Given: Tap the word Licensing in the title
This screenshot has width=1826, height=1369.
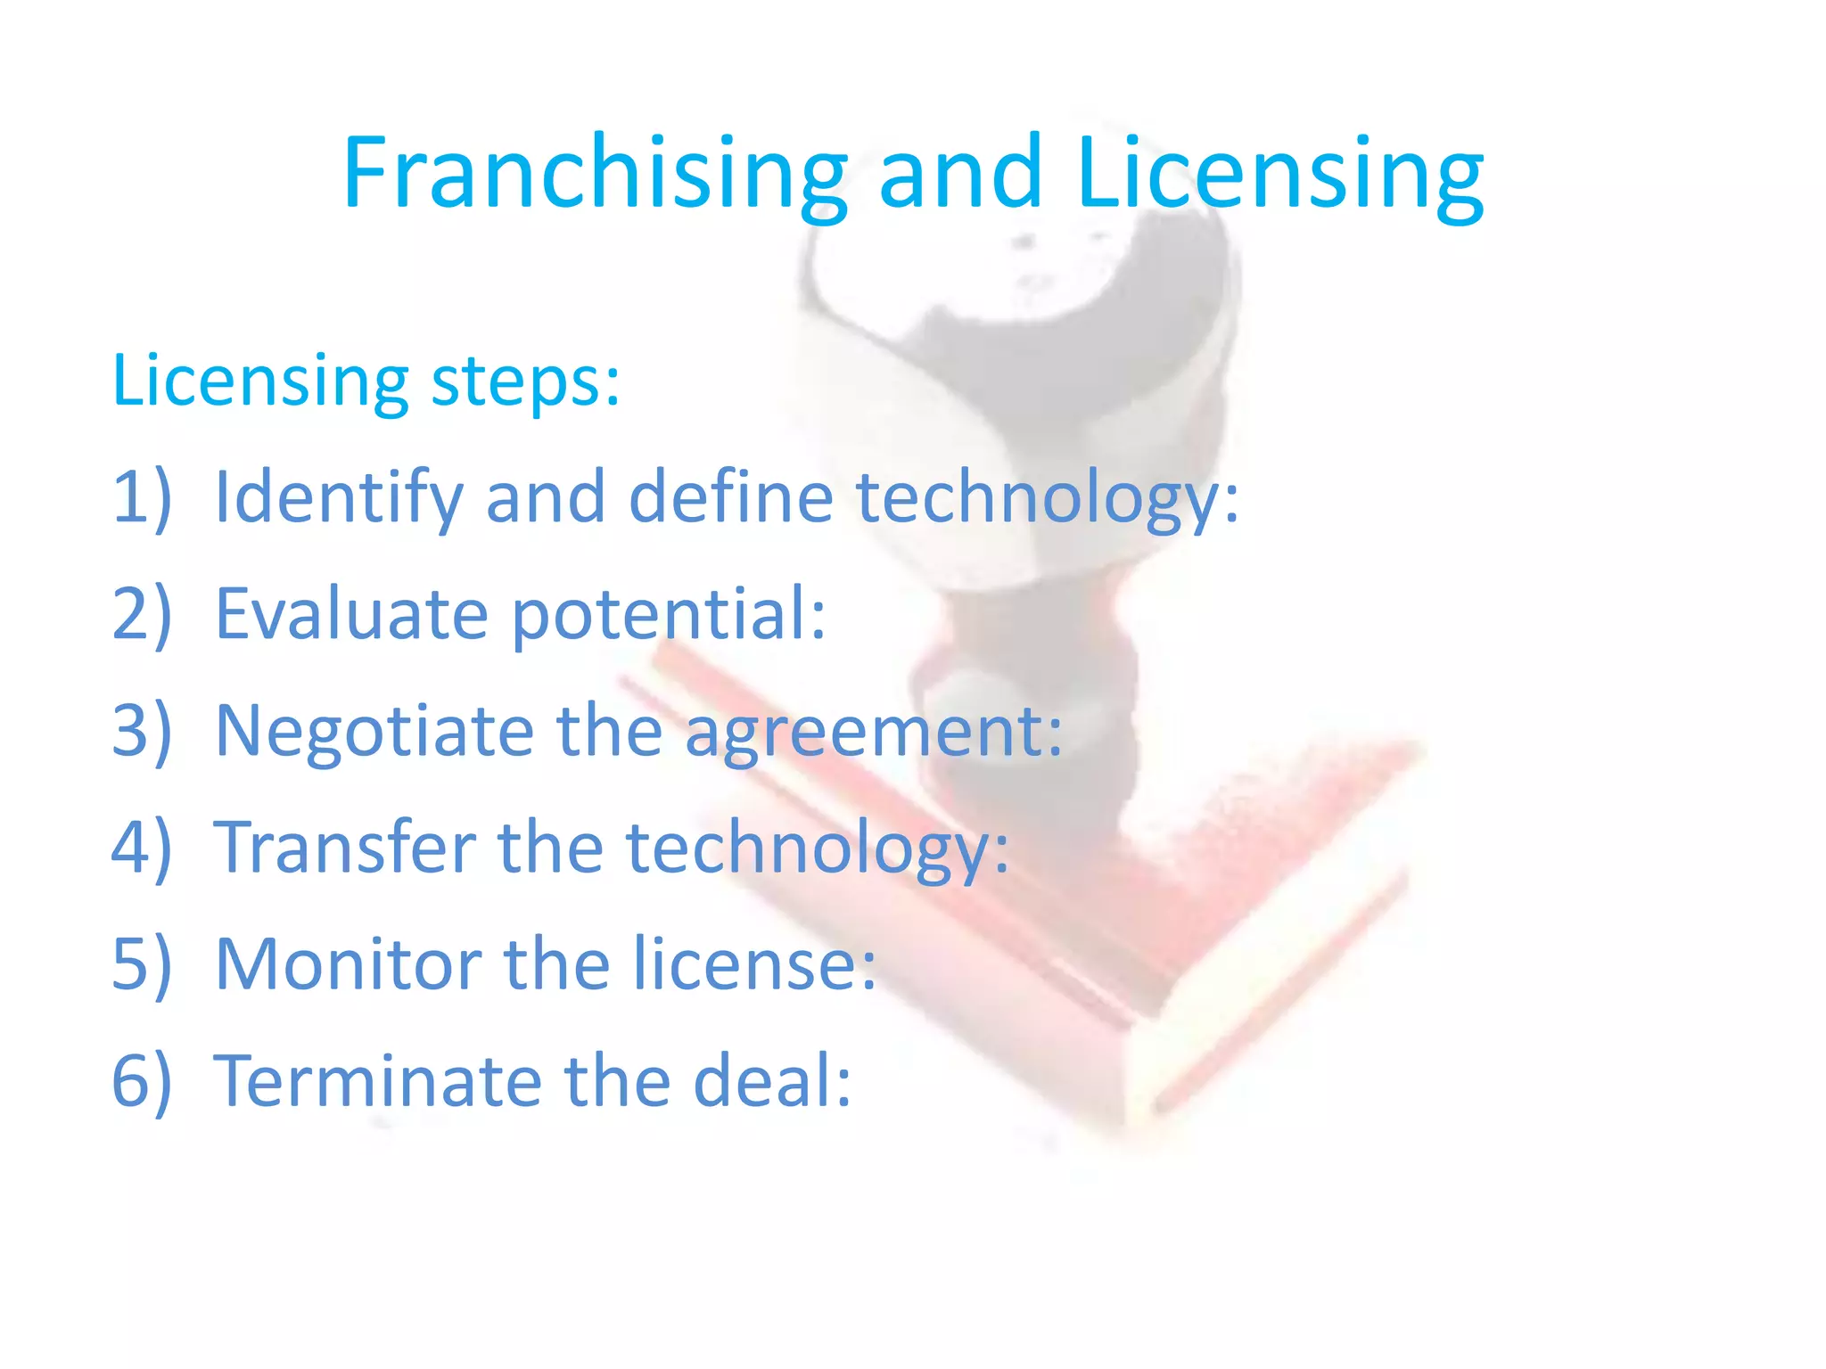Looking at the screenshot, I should tap(1279, 173).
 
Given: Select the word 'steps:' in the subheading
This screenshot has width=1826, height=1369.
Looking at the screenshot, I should tap(525, 381).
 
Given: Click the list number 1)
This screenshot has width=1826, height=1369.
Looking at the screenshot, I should tap(141, 497).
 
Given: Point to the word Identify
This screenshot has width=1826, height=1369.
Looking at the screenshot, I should tap(339, 497).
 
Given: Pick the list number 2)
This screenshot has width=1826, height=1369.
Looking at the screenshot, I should tap(141, 614).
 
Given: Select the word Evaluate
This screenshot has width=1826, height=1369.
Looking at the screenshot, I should tap(351, 614).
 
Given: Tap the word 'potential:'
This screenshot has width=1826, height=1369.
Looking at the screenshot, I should tap(670, 614).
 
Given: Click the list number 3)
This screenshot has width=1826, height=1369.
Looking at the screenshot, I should tap(141, 731).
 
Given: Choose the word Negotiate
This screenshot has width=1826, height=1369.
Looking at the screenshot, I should tap(374, 731).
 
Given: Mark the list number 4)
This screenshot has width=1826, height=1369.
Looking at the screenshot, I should tap(141, 848).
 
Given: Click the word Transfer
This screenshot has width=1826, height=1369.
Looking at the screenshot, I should tap(344, 847).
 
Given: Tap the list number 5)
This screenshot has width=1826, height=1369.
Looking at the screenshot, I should tap(141, 964).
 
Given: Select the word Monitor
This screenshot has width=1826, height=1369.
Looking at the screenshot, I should tap(349, 964).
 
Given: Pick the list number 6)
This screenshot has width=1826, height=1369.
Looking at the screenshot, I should tap(141, 1081).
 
